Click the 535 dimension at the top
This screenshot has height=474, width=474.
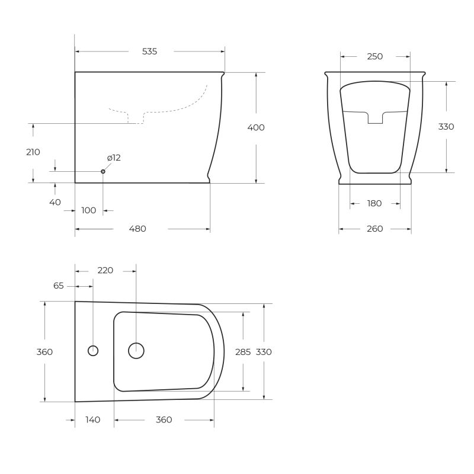pyautogui.click(x=149, y=52)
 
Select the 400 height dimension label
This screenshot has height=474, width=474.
pyautogui.click(x=257, y=127)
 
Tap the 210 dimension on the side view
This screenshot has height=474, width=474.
pyautogui.click(x=33, y=152)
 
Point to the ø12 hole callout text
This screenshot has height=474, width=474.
pyautogui.click(x=114, y=158)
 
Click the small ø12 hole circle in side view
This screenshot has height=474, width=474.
pyautogui.click(x=103, y=171)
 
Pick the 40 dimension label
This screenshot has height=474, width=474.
pyautogui.click(x=55, y=202)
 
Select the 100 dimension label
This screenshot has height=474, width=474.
pyautogui.click(x=89, y=210)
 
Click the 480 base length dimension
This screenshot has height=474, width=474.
pyautogui.click(x=137, y=229)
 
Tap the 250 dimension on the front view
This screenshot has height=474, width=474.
pyautogui.click(x=375, y=57)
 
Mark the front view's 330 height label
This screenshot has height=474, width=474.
pyautogui.click(x=446, y=127)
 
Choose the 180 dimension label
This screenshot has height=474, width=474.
pyautogui.click(x=374, y=203)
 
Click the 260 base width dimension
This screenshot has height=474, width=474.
pyautogui.click(x=374, y=229)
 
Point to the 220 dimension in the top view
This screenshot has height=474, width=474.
pyautogui.click(x=105, y=270)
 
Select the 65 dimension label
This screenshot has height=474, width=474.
pyautogui.click(x=58, y=286)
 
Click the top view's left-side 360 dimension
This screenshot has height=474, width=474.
pyautogui.click(x=44, y=352)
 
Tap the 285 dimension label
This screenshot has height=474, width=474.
pyautogui.click(x=243, y=352)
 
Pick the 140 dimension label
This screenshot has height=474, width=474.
pyautogui.click(x=92, y=419)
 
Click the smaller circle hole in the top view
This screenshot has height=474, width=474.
pyautogui.click(x=93, y=350)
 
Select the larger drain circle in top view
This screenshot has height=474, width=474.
pyautogui.click(x=136, y=350)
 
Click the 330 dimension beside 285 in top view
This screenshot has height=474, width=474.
pyautogui.click(x=264, y=352)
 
